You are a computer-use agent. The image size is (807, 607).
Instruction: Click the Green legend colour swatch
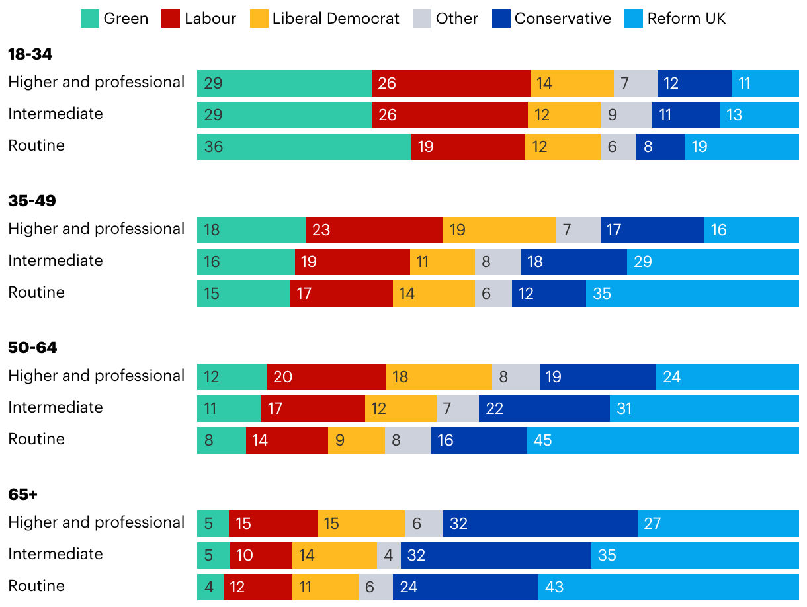point(90,19)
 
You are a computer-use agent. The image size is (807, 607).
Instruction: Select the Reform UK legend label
point(687,19)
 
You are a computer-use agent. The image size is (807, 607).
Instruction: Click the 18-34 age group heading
point(30,54)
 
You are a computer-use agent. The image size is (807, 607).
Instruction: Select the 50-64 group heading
point(32,348)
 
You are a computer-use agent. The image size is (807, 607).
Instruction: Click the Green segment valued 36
point(304,147)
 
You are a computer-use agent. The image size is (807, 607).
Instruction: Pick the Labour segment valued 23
point(374,230)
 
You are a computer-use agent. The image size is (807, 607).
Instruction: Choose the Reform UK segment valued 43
point(669,587)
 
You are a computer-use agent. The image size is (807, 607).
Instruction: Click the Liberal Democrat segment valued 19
point(499,230)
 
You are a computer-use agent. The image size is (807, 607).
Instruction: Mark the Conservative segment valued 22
point(544,409)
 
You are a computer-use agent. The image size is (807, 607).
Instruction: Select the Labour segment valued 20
point(327,377)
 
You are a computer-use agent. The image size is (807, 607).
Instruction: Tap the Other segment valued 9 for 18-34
point(626,115)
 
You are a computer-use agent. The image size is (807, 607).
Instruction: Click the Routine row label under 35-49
point(36,292)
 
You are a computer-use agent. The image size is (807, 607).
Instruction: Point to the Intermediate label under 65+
point(56,554)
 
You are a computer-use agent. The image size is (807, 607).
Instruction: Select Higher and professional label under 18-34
point(97,82)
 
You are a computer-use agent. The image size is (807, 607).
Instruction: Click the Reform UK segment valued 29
point(713,262)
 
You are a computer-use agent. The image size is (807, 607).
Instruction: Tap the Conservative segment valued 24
point(466,587)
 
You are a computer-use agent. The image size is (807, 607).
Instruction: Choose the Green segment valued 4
point(210,587)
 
